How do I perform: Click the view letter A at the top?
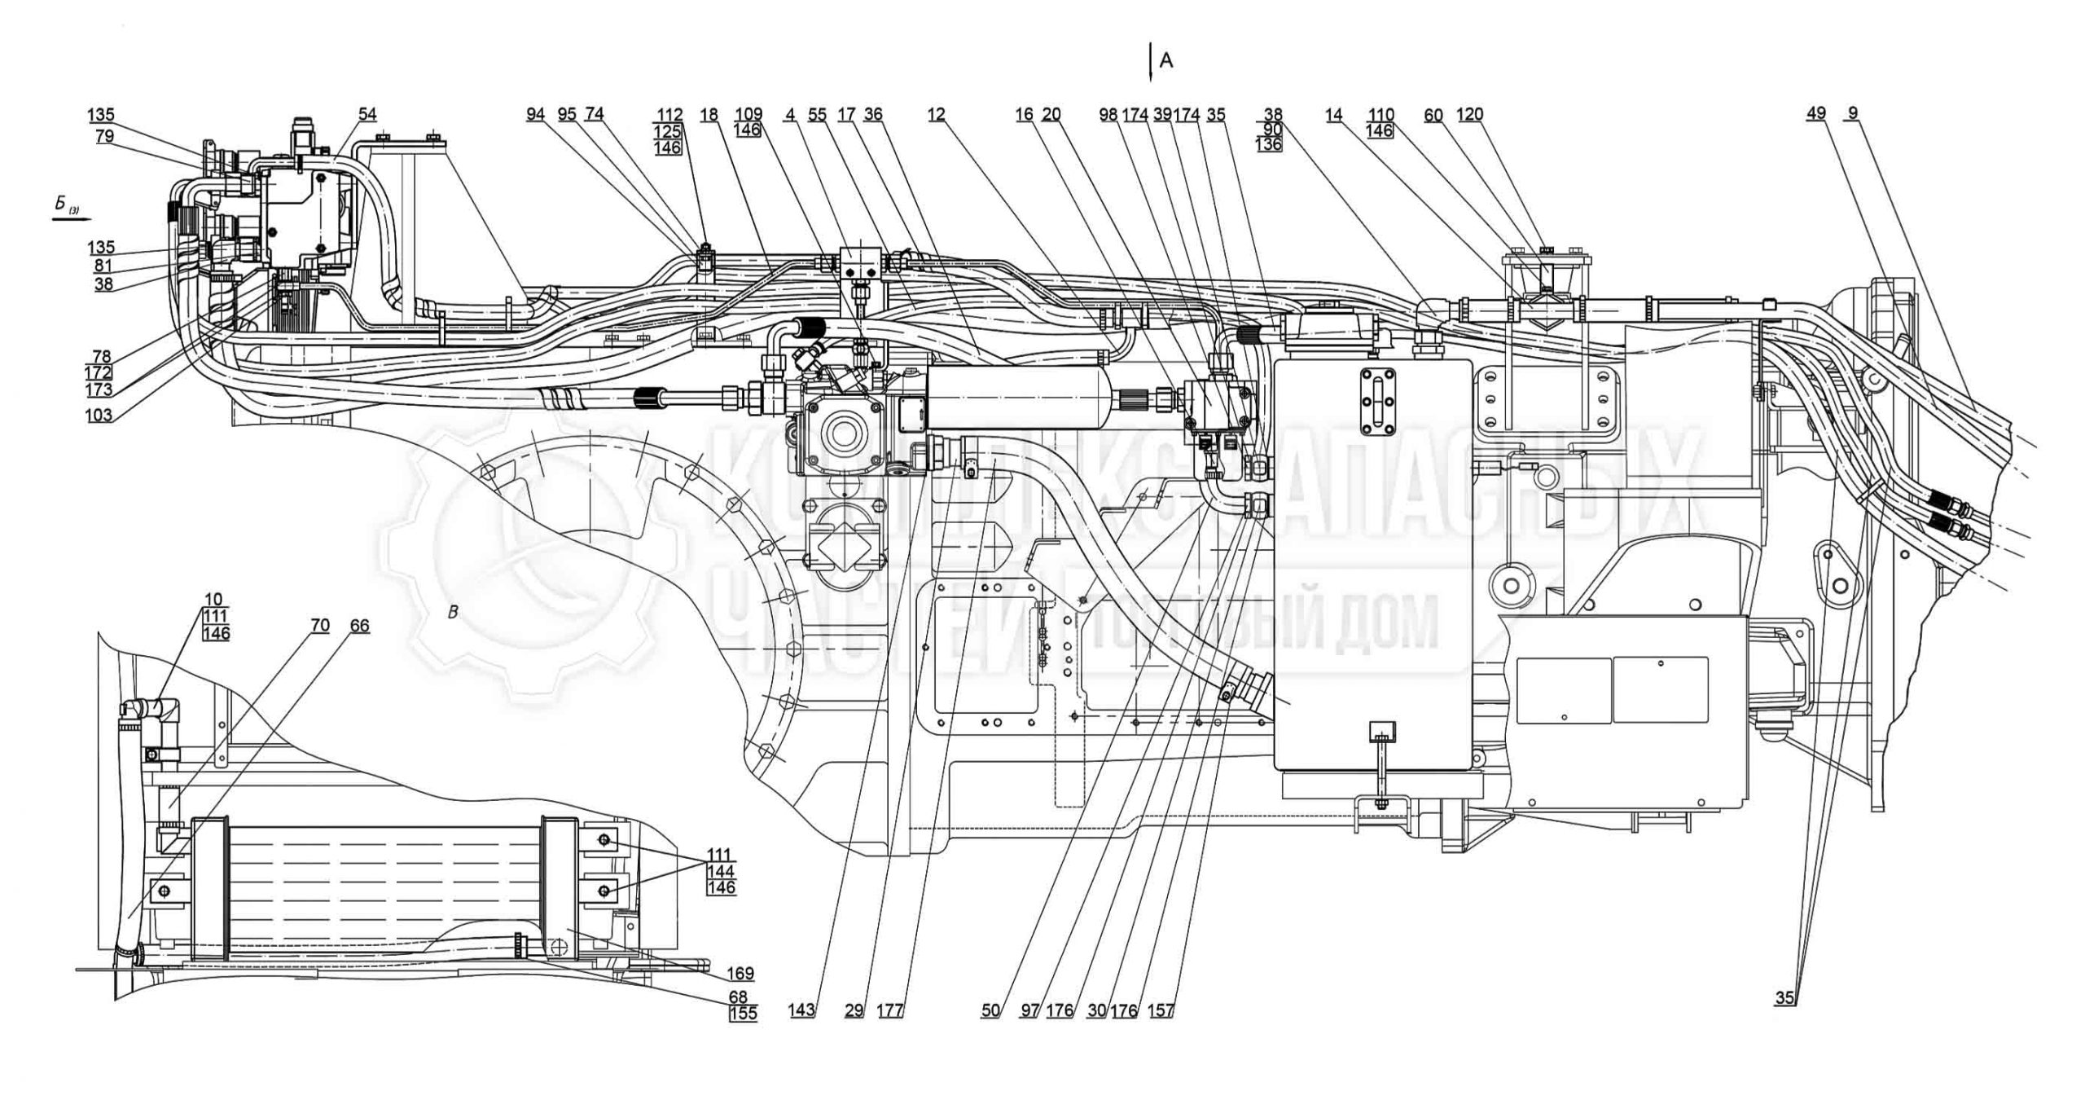point(1166,61)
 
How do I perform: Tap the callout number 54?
point(367,115)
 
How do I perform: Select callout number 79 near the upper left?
point(104,136)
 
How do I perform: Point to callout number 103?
point(99,415)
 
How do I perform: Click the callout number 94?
point(535,115)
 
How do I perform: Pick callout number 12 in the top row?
point(936,115)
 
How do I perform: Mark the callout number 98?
point(1108,115)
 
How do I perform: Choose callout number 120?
point(1470,115)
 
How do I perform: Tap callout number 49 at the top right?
point(1815,114)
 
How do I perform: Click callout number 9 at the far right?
point(1853,114)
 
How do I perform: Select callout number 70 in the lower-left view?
point(320,625)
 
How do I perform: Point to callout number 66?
point(359,625)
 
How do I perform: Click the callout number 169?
point(741,973)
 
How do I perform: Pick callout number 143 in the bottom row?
point(801,1010)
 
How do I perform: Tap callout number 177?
point(890,1010)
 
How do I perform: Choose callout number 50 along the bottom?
point(990,1010)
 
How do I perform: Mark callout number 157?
point(1161,1010)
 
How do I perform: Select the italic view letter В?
point(453,613)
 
